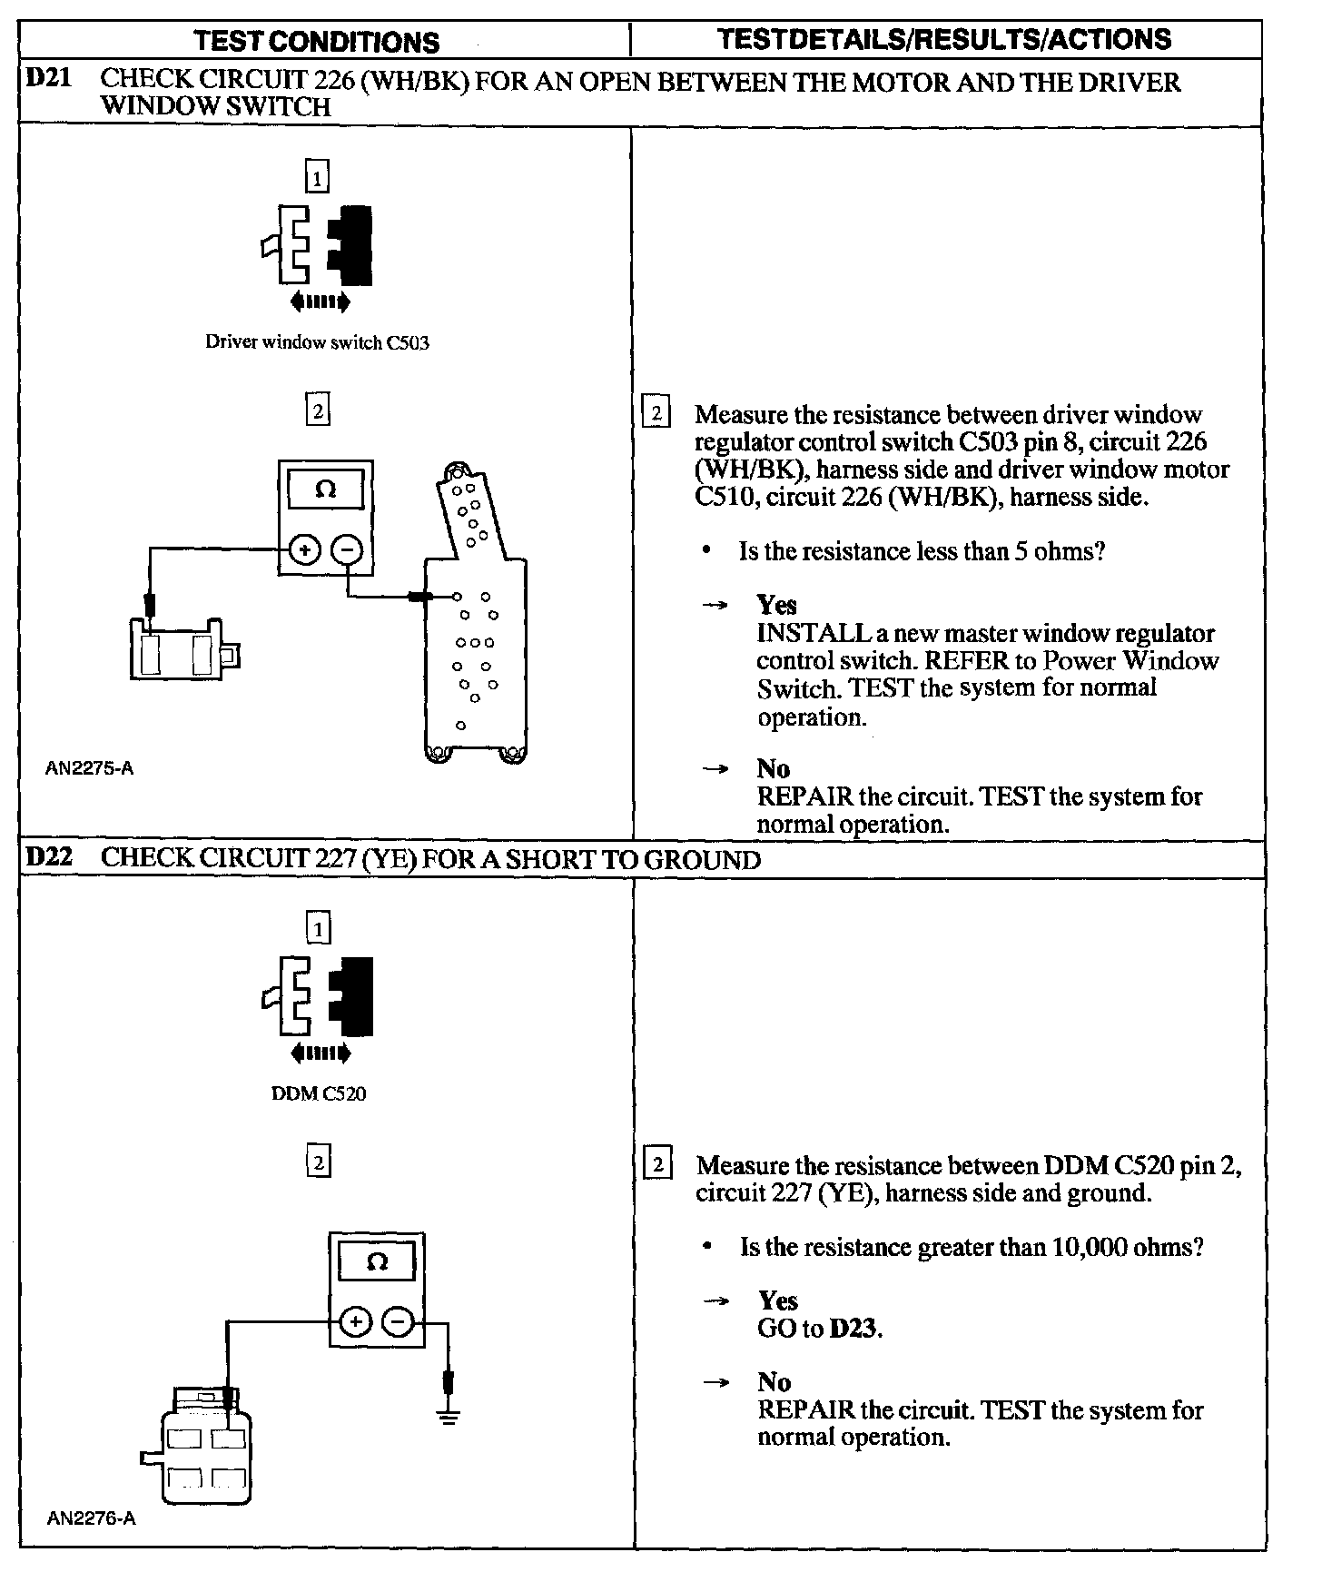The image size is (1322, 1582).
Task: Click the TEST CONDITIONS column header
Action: point(317,42)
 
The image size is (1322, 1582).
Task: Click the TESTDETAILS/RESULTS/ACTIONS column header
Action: point(944,40)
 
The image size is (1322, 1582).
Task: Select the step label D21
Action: point(48,79)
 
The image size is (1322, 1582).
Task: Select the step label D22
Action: point(49,857)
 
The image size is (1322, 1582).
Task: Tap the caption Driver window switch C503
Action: point(317,343)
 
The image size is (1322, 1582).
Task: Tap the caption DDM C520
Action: point(319,1093)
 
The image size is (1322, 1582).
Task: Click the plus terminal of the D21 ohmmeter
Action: point(304,549)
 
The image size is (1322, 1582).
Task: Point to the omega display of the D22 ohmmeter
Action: point(377,1262)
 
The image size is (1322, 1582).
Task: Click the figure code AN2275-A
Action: point(90,768)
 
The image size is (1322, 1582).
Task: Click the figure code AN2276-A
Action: point(91,1518)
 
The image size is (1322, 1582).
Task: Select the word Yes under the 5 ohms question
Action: point(776,605)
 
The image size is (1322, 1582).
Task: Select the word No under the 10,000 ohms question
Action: point(774,1381)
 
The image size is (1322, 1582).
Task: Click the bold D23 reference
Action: point(854,1329)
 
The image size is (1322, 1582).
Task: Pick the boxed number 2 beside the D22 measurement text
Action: point(657,1164)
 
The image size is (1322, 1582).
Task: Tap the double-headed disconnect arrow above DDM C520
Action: point(320,1053)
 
